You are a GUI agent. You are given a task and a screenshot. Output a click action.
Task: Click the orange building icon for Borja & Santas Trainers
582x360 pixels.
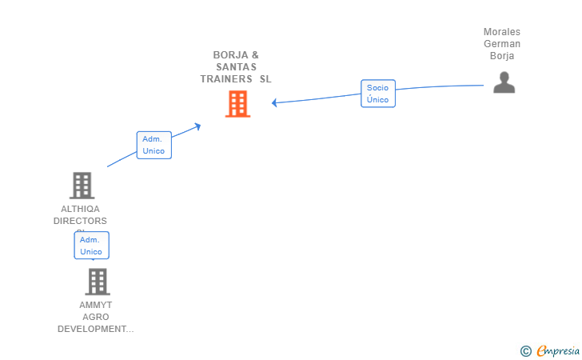(237, 104)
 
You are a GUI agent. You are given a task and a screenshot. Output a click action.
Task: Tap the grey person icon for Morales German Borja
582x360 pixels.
(504, 82)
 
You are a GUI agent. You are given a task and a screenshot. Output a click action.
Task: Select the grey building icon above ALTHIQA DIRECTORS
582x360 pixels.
(82, 186)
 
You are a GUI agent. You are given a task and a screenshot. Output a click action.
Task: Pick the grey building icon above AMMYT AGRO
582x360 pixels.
(97, 282)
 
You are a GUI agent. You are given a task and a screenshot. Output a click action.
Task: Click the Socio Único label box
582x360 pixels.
(377, 94)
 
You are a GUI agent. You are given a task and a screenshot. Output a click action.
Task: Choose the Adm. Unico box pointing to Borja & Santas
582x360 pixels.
(153, 145)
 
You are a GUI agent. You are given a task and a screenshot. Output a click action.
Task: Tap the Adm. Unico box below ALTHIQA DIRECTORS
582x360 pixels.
(91, 246)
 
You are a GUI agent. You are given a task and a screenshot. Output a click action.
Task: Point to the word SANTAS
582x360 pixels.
(236, 67)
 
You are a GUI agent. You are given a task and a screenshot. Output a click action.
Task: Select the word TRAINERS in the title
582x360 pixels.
(226, 79)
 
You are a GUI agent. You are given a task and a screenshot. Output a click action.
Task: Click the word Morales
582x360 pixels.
(502, 32)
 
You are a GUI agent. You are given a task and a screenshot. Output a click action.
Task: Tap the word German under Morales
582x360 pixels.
(502, 44)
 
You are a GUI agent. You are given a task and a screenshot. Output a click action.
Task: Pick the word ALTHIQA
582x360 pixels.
(80, 209)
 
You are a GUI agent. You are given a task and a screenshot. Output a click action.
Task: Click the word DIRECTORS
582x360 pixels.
(80, 221)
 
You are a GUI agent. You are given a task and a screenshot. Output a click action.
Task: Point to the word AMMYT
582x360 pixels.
(96, 305)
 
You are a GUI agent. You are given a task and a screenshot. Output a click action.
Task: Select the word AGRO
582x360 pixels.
(96, 317)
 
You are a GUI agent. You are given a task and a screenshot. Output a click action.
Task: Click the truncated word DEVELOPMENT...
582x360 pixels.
(95, 329)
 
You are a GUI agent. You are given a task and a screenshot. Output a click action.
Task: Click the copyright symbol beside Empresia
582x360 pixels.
(525, 350)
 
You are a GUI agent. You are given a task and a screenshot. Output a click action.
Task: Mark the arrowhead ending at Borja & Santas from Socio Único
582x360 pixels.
(274, 102)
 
